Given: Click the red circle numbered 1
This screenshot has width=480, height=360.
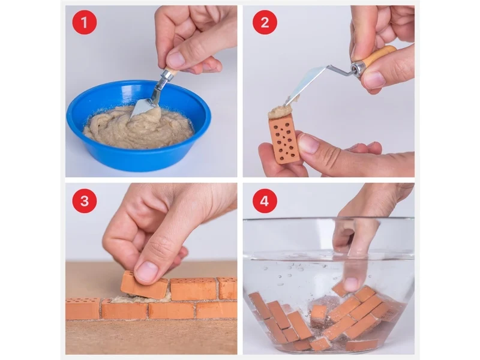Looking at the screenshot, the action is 84,22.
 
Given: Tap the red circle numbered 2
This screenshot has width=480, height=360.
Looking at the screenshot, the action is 265,22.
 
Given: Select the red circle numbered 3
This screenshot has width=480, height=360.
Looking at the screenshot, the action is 84,201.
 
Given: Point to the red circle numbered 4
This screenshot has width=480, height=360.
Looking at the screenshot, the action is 265,201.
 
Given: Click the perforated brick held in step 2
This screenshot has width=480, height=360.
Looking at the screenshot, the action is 284,140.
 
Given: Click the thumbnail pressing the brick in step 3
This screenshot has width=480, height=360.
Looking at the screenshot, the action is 147,271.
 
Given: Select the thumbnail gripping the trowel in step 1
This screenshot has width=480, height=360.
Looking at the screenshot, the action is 176,59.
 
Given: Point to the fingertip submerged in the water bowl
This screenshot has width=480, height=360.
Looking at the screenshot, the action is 351,283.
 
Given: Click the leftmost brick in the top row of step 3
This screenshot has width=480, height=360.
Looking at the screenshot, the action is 83,308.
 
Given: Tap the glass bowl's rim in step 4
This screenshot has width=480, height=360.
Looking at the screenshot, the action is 329,218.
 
